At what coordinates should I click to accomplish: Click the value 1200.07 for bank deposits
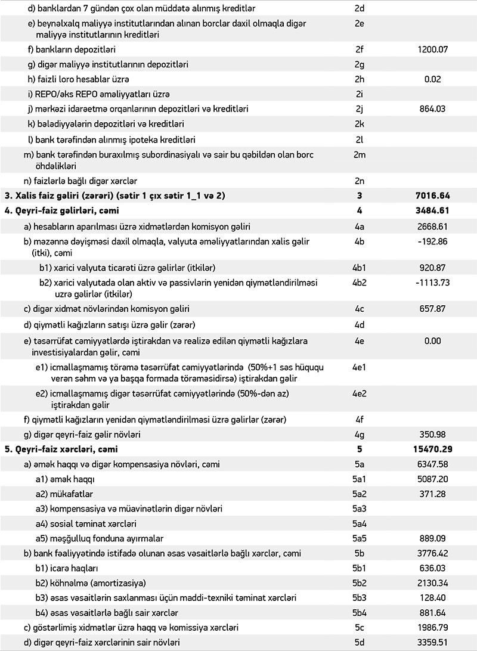(433, 49)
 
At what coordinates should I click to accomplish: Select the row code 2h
(359, 79)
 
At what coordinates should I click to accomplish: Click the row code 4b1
(359, 267)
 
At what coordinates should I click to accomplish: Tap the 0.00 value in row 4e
(433, 341)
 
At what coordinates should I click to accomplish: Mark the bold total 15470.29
(430, 448)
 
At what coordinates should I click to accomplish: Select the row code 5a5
(359, 538)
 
